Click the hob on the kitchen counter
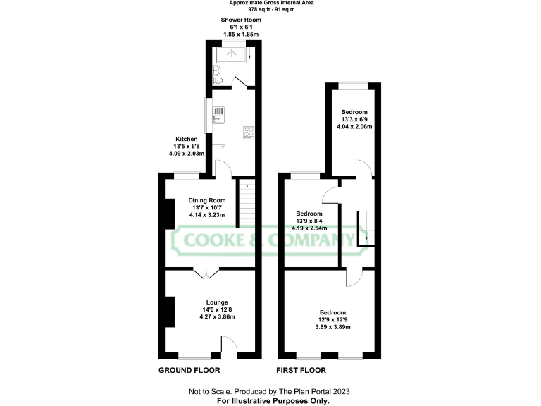(248, 132)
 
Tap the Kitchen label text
(187, 139)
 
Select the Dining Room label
(207, 199)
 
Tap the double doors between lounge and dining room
(205, 272)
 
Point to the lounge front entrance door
(228, 345)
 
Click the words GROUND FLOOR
(189, 370)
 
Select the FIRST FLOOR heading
(304, 370)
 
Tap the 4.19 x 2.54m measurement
(309, 228)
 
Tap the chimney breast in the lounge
(169, 312)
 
